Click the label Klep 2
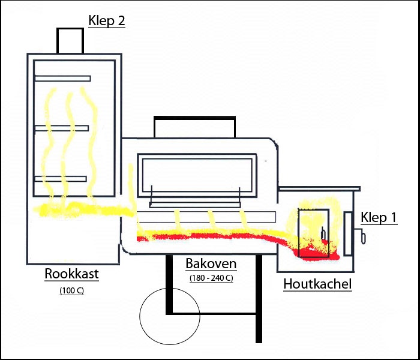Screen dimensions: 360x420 pos(107,21)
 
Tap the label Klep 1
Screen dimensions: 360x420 pos(379,218)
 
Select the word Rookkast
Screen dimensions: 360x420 pos(71,275)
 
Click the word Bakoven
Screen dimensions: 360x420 pos(211,263)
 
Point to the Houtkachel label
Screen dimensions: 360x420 pos(317,284)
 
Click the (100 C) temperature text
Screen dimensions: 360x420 pos(71,291)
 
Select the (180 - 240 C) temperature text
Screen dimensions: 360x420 pos(211,278)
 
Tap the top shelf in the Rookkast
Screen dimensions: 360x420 pos(62,79)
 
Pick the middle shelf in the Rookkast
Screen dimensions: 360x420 pos(62,128)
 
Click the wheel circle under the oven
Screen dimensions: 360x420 pos(169,317)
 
